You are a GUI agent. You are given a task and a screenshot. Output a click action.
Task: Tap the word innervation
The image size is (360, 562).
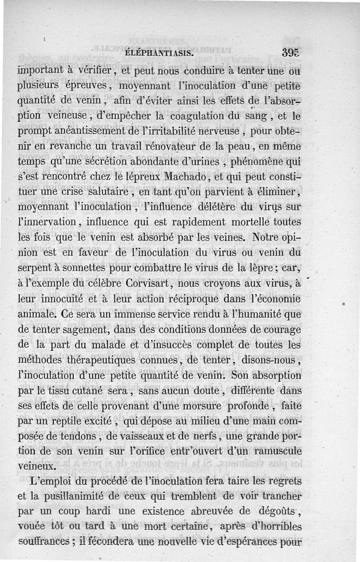[x=47, y=222]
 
